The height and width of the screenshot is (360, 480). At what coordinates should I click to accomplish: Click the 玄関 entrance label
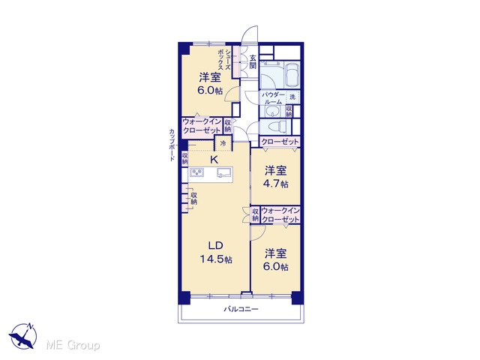[x=253, y=61]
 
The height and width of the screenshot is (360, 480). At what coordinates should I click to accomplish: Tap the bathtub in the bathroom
[x=292, y=75]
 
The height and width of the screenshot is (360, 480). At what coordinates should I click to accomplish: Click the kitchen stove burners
[x=196, y=173]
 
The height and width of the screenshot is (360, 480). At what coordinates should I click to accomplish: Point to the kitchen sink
[x=225, y=173]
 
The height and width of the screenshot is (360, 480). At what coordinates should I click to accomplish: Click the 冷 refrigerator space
[x=223, y=143]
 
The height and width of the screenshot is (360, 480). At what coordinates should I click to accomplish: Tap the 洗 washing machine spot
[x=292, y=97]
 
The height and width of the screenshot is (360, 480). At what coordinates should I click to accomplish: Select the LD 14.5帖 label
[x=216, y=253]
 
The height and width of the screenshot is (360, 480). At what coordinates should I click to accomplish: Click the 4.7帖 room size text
[x=275, y=184]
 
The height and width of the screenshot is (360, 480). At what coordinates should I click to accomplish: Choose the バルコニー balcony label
[x=241, y=309]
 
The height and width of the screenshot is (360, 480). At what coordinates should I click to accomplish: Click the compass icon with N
[x=23, y=336]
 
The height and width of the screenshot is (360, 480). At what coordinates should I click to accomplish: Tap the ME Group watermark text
[x=73, y=346]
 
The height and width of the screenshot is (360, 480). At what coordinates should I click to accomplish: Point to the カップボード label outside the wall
[x=172, y=145]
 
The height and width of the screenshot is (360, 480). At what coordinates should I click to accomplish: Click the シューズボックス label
[x=224, y=60]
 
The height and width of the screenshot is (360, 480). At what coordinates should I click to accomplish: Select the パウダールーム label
[x=272, y=98]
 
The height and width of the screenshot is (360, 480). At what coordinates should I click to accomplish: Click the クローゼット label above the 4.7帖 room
[x=280, y=142]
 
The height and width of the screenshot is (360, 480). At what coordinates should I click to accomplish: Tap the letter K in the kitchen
[x=214, y=160]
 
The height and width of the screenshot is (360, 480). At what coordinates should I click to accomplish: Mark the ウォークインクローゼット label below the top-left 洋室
[x=202, y=126]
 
